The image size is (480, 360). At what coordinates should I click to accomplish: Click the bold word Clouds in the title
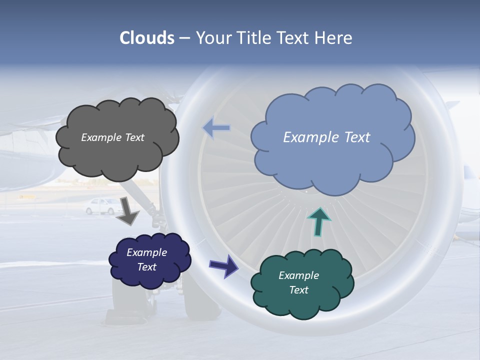147,38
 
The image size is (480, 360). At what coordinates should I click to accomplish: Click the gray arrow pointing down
127,211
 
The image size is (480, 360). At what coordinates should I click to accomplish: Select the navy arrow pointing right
223,265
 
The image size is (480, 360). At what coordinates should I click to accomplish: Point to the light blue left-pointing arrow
216,128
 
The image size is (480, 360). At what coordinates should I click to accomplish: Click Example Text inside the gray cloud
112,137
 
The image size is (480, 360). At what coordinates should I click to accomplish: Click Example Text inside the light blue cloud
326,137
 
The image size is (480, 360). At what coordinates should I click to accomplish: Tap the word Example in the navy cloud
146,252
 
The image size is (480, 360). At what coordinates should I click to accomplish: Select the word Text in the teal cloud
298,290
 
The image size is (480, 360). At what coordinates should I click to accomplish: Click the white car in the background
102,205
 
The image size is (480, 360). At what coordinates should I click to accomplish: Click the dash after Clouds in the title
184,38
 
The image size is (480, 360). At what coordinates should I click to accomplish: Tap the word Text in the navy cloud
147,267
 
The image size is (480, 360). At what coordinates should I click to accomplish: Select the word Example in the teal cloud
298,275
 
